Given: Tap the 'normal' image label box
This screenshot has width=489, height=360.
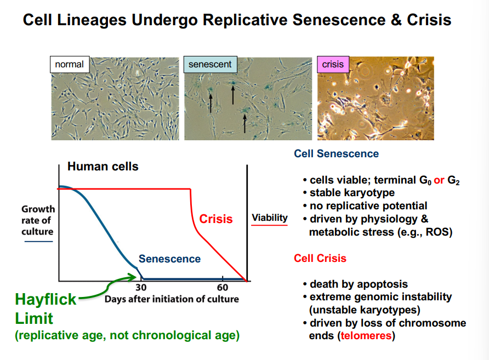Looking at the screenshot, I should pos(70,65).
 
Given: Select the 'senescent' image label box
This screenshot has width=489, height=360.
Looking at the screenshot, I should pos(210,65).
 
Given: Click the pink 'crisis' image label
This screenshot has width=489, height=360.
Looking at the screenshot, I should pos(333,65).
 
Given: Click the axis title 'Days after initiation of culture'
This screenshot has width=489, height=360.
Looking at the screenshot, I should pos(172,299).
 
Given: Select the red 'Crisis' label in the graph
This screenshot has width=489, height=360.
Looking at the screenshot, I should pos(215,219).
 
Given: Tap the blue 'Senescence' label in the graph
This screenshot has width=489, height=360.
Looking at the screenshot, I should pos(169,259).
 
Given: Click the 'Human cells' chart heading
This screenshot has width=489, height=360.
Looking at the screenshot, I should pos(103,167).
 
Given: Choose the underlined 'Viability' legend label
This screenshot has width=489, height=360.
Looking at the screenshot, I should pos(270,218).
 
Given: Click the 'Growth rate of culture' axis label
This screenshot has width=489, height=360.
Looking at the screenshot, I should pos(38,220).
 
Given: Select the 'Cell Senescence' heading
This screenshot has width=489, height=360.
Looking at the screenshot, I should pos(336,153).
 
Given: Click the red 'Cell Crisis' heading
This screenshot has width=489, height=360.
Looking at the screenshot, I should pos(320,258).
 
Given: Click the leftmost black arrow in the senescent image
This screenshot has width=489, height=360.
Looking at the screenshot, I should pos(209,102).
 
